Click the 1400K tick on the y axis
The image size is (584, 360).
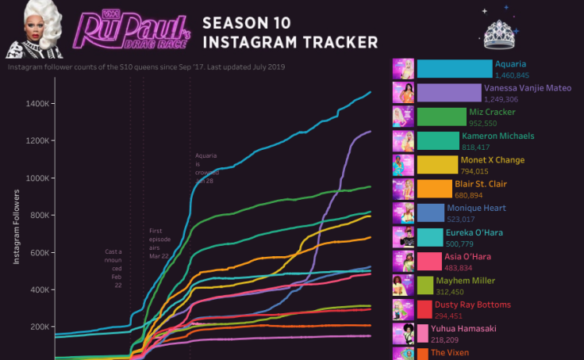39,104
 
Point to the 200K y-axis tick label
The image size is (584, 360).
40,327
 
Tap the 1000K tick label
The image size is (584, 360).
39,178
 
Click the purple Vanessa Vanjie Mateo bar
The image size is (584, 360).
448,93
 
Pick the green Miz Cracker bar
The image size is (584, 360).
441,117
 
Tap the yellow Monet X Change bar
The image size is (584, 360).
436,165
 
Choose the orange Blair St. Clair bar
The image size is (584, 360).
434,189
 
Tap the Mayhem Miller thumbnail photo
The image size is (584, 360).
403,285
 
